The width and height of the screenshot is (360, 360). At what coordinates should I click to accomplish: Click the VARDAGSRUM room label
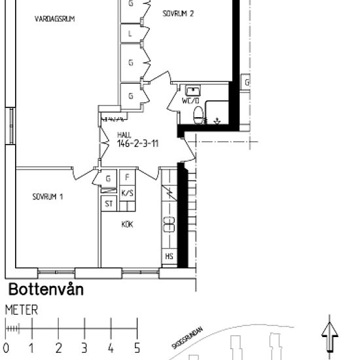pos(55,20)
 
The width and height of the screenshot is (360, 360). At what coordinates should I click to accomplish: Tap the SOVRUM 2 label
pos(178,12)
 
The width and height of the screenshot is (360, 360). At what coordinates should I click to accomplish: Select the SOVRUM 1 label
pos(48,196)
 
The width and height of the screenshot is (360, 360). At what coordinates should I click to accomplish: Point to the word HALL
pos(124,135)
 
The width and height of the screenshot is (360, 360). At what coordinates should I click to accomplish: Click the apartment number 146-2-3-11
pos(137,144)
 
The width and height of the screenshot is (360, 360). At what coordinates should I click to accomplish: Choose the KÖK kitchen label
pos(127,224)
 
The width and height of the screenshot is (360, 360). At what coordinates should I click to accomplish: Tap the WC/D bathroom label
pos(190,101)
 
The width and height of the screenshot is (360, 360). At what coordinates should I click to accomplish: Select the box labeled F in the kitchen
pos(128,178)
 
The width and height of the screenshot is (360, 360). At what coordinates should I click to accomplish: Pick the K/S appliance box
pos(128,192)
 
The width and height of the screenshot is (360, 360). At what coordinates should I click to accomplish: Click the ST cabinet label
pos(109,204)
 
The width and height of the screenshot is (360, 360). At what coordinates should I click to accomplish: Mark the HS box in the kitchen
pos(169,256)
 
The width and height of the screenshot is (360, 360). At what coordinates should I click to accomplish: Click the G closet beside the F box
pos(109,178)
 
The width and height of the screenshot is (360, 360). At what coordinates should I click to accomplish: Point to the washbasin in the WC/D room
pos(192,90)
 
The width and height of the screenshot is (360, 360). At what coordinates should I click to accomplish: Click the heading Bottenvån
pos(46,289)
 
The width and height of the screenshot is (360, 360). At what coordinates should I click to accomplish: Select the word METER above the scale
pos(22,310)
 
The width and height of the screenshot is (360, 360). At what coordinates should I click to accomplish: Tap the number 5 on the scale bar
pos(137,348)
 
